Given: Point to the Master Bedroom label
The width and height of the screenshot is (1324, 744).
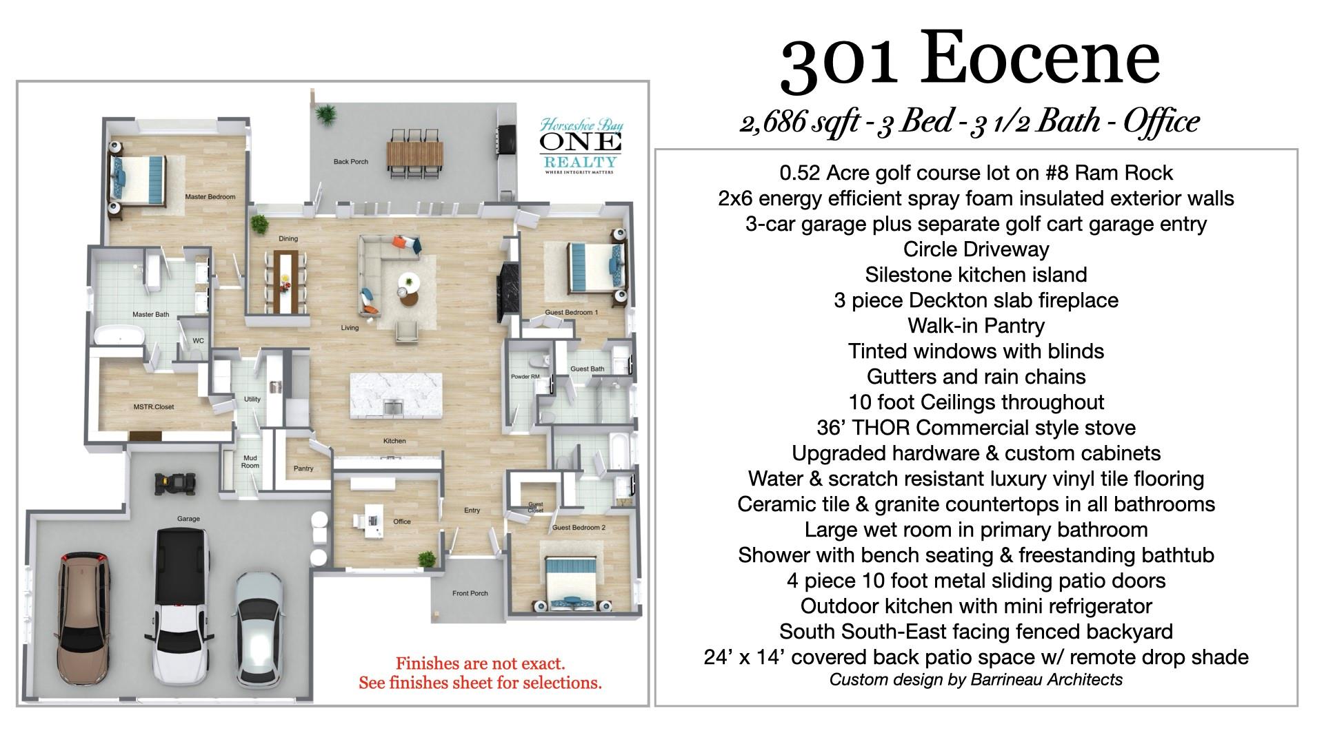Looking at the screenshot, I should click(x=210, y=197).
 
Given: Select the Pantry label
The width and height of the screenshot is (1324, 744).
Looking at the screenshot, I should click(x=303, y=468).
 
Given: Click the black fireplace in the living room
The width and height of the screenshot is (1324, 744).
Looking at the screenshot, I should click(x=506, y=291).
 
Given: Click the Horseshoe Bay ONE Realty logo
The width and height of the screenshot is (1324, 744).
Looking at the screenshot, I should click(x=579, y=146).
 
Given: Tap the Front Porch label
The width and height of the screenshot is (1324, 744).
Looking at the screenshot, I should click(x=470, y=593).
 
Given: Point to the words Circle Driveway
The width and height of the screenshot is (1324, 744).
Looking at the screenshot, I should click(x=976, y=249).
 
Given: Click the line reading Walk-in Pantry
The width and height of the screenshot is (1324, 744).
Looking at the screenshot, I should click(x=976, y=326).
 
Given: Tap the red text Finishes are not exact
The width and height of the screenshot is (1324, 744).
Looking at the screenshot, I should click(x=480, y=664).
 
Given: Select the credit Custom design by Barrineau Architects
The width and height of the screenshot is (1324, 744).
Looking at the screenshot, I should click(x=976, y=680).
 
